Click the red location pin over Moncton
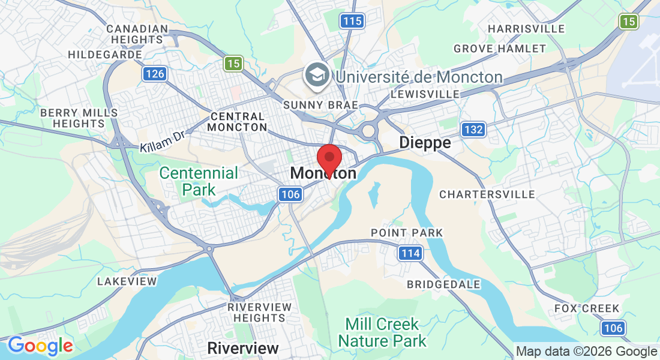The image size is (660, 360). click(x=329, y=158)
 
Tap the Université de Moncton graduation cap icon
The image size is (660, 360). click(x=316, y=76)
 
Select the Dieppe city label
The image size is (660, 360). click(x=425, y=143)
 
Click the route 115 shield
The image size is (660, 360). click(x=352, y=22)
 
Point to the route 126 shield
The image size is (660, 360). click(x=154, y=74)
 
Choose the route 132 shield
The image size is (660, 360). click(x=473, y=129)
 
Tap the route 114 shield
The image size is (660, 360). click(x=410, y=253)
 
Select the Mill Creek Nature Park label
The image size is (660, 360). click(x=382, y=333)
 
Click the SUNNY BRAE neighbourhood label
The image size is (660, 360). click(x=320, y=105)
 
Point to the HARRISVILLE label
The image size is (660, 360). click(x=526, y=29)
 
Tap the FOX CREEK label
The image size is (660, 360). click(x=586, y=308)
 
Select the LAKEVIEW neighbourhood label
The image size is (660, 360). click(x=127, y=281)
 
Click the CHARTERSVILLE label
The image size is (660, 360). click(x=487, y=194)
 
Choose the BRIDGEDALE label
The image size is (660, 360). click(x=443, y=284)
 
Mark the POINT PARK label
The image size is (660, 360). click(x=406, y=233)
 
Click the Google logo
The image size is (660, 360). click(x=40, y=346)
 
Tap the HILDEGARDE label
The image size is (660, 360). click(x=104, y=55)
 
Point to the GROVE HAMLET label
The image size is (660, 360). click(x=499, y=49)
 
